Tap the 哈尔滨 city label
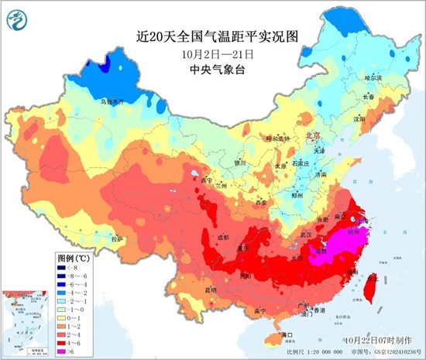click(x=374, y=78)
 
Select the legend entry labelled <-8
click(x=62, y=264)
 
